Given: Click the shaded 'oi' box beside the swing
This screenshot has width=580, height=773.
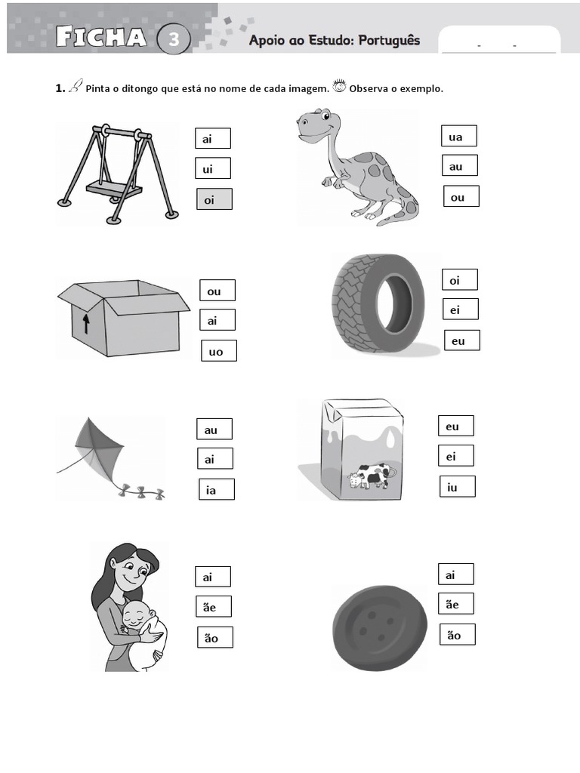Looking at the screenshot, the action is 214,199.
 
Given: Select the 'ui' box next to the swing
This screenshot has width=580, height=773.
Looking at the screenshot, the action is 212,168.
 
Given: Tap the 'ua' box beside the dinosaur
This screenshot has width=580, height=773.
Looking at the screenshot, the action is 458,136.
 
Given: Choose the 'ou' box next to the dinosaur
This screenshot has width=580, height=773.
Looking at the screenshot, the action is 461,196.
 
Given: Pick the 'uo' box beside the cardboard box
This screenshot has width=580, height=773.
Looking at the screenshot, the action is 219,350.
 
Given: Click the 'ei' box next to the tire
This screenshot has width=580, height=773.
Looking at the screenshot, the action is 460,309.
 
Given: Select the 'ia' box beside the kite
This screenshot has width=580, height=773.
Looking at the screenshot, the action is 217,489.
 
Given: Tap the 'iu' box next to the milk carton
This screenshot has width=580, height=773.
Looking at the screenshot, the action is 458,487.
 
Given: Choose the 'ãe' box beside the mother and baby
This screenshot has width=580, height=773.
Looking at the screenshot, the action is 214,606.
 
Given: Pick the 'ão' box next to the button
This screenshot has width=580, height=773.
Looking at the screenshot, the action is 458,634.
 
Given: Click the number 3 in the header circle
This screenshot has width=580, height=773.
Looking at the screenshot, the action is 174,39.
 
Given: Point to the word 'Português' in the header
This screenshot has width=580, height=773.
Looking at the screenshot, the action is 389,41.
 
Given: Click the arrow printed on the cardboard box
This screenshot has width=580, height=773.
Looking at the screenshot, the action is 86,324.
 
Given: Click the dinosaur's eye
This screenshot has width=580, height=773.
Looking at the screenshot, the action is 325,116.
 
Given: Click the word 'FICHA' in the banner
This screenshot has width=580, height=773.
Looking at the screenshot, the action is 101,36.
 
